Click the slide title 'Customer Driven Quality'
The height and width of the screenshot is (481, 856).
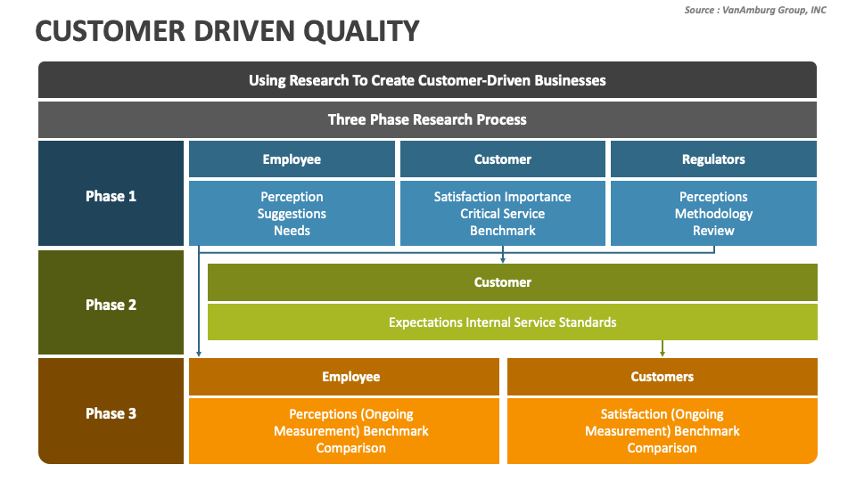(x=226, y=31)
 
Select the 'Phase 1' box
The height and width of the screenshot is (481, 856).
(x=111, y=196)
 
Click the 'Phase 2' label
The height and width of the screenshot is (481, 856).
(x=111, y=305)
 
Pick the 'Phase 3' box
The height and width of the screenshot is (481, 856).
(x=111, y=413)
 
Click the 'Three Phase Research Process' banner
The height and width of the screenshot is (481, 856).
(x=427, y=119)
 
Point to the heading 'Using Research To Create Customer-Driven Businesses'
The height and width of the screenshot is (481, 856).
(x=427, y=80)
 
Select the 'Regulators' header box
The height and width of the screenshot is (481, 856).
(x=713, y=159)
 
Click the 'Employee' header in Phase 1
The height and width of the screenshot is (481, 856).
(x=292, y=159)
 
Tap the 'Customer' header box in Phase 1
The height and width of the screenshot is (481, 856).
(x=503, y=159)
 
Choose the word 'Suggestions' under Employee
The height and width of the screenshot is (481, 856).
(x=292, y=214)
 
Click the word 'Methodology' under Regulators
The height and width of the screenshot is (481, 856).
(x=713, y=214)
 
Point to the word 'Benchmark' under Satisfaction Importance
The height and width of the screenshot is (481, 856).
(x=503, y=231)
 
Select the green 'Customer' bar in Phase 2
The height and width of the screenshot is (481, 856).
(x=503, y=282)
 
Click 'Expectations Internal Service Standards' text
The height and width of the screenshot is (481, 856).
(x=503, y=322)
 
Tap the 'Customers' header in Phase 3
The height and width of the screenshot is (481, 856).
(x=662, y=377)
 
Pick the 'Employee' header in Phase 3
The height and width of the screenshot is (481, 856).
(x=351, y=377)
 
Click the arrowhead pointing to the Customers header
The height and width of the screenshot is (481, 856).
(x=662, y=353)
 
